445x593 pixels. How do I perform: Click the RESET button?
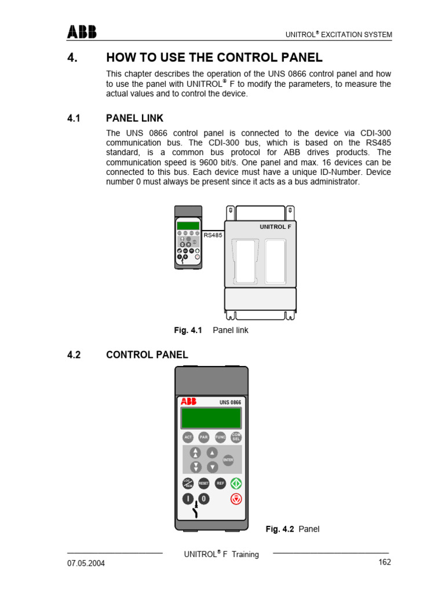pyautogui.click(x=203, y=483)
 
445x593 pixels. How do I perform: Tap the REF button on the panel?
pyautogui.click(x=220, y=482)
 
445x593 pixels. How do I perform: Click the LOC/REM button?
pyautogui.click(x=187, y=483)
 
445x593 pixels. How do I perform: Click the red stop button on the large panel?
pyautogui.click(x=236, y=499)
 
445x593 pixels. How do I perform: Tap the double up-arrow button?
pyautogui.click(x=196, y=452)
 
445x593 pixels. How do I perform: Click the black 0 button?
pyautogui.click(x=203, y=499)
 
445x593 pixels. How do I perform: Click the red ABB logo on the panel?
pyautogui.click(x=188, y=401)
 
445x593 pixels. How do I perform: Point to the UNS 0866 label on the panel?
pyautogui.click(x=230, y=402)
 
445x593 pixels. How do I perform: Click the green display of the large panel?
pyautogui.click(x=211, y=418)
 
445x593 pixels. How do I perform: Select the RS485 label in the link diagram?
pyautogui.click(x=213, y=235)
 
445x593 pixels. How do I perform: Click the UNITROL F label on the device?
pyautogui.click(x=275, y=226)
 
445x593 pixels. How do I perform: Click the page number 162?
pyautogui.click(x=385, y=562)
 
